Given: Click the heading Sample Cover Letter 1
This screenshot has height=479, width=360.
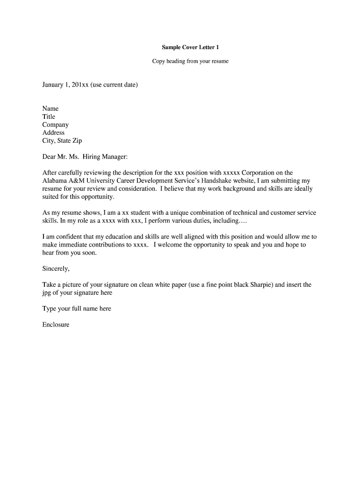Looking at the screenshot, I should (190, 47).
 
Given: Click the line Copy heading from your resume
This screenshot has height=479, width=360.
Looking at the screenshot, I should (190, 61).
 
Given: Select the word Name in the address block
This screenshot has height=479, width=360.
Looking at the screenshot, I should (50, 109).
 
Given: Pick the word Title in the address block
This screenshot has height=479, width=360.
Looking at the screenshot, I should (49, 116).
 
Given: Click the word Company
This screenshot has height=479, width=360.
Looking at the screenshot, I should (56, 125).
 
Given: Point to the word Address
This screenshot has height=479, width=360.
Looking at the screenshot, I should (53, 132).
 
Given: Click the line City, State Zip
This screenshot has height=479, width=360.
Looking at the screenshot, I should (62, 141).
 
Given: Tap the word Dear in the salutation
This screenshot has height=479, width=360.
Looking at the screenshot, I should (49, 157).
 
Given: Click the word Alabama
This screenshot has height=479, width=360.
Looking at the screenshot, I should (55, 181).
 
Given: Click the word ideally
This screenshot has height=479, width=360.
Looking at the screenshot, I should (302, 189).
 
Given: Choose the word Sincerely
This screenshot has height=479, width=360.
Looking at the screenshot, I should (56, 269).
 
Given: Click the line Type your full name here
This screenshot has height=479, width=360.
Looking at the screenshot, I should (77, 309).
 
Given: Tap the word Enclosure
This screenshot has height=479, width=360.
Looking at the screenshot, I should (56, 325).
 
